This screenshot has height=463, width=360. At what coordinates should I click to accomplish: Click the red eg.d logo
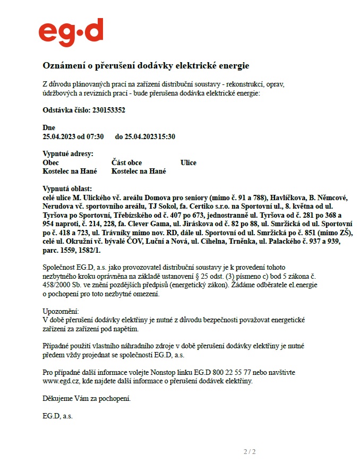click(x=71, y=33)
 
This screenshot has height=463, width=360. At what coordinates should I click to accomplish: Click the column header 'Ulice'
click(x=188, y=162)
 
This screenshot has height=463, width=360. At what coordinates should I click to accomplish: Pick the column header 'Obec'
click(x=50, y=162)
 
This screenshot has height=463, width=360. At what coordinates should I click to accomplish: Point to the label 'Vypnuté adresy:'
click(x=67, y=154)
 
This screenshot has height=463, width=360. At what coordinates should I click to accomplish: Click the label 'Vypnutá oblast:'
click(x=67, y=188)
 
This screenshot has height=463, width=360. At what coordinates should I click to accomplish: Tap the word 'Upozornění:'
click(x=61, y=311)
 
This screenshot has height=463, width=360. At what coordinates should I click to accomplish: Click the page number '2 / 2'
click(x=250, y=452)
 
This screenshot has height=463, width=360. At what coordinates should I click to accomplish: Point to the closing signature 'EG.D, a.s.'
click(x=57, y=416)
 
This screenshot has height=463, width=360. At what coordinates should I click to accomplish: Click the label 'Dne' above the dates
click(x=48, y=128)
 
